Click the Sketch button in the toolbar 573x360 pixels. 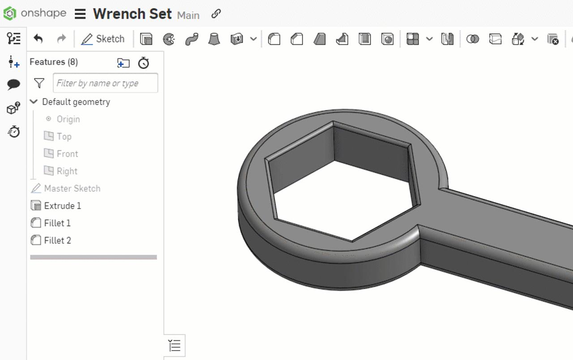tap(103, 39)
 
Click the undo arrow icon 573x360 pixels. tap(38, 39)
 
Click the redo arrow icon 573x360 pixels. tap(61, 39)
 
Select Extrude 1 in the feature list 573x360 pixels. tap(62, 206)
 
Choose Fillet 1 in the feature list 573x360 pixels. tap(57, 223)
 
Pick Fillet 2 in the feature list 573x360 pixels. tap(57, 240)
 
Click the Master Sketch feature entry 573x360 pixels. tap(72, 189)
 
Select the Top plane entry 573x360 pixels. tap(64, 137)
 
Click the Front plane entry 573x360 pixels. tap(67, 154)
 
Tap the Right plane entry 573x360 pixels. tap(67, 171)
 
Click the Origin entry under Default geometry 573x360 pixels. tap(68, 119)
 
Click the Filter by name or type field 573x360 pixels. tap(105, 83)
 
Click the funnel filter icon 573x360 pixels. tap(39, 83)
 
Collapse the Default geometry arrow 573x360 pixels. tap(34, 102)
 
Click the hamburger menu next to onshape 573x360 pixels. tap(80, 14)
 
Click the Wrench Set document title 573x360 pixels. tap(132, 14)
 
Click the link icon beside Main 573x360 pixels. tap(216, 14)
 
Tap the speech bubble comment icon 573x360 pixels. tap(14, 84)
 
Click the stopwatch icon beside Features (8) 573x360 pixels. tap(143, 63)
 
